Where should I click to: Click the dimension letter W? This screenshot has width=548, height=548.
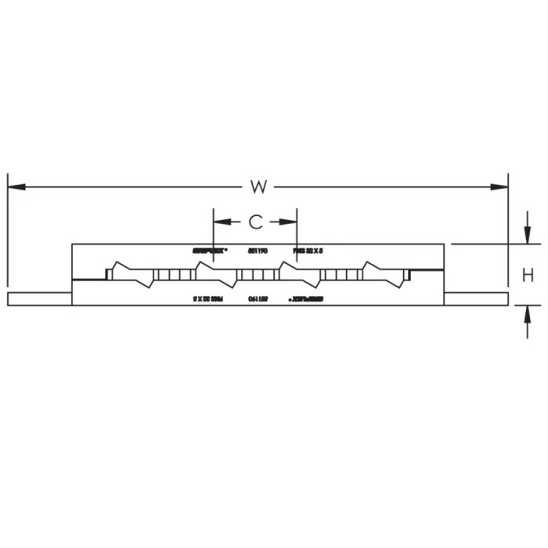point(259,186)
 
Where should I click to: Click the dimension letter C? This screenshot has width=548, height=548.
point(256,222)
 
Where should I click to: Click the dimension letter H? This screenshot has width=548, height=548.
point(528,275)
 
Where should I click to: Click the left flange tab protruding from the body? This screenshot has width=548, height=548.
point(39,298)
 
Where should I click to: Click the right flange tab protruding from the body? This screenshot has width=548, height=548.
point(478,298)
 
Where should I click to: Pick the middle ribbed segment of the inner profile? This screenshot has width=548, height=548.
point(256,274)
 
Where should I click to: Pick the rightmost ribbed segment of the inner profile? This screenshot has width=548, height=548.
point(341,274)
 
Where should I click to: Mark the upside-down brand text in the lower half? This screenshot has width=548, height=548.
point(308,298)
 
